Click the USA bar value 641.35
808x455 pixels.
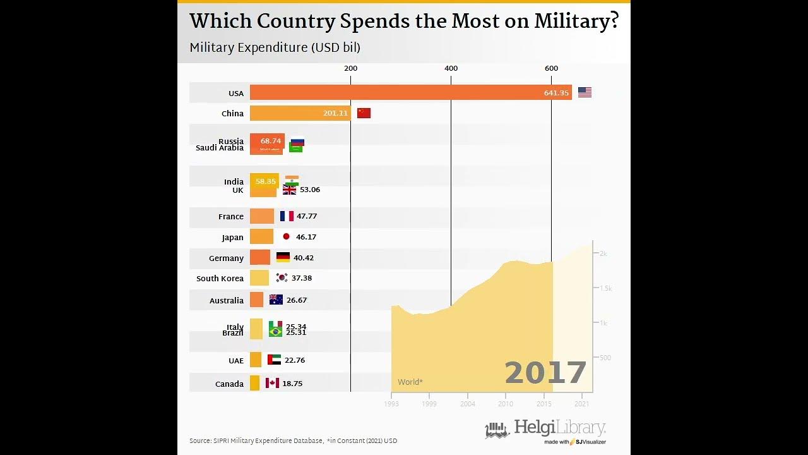pyautogui.click(x=556, y=93)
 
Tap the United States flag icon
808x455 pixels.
pyautogui.click(x=585, y=92)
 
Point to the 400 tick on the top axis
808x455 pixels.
pyautogui.click(x=451, y=68)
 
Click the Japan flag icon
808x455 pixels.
pyautogui.click(x=286, y=236)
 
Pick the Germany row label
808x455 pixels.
pyautogui.click(x=226, y=258)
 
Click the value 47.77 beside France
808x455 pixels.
pyautogui.click(x=307, y=216)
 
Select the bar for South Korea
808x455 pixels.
pyautogui.click(x=259, y=278)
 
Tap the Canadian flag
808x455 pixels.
pyautogui.click(x=272, y=383)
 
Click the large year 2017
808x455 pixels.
pyautogui.click(x=545, y=373)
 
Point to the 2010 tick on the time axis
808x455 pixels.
pyautogui.click(x=506, y=404)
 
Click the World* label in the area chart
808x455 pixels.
pyautogui.click(x=410, y=382)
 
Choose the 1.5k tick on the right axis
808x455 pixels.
pyautogui.click(x=605, y=288)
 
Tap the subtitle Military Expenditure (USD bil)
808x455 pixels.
pyautogui.click(x=275, y=47)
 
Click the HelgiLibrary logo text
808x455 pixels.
pyautogui.click(x=559, y=427)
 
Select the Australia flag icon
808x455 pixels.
pyautogui.click(x=276, y=300)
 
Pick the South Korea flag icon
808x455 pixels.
pyautogui.click(x=282, y=277)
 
